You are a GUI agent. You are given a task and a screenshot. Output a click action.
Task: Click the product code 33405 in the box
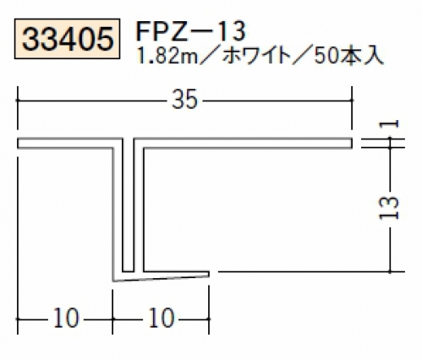(68, 39)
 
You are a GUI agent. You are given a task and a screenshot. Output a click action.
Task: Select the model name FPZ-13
(191, 31)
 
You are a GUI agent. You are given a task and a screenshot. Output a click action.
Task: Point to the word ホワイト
(256, 57)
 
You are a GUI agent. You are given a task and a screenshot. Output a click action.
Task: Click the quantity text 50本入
(348, 57)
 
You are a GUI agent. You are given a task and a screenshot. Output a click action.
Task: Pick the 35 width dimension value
(184, 100)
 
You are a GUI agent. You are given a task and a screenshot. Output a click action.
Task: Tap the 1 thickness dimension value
(389, 124)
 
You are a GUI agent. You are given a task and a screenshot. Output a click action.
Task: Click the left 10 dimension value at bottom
(66, 318)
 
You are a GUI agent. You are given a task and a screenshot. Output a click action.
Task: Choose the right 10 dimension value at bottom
(162, 318)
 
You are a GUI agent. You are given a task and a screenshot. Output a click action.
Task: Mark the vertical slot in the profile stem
(129, 205)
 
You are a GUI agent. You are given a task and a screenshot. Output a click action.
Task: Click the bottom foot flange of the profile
(161, 275)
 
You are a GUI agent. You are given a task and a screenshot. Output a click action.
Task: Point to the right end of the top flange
(352, 143)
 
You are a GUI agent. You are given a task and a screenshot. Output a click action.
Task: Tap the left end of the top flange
(19, 143)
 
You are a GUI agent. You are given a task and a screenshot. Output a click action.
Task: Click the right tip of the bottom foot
(209, 274)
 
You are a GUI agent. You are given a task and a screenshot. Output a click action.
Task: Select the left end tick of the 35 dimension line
(18, 100)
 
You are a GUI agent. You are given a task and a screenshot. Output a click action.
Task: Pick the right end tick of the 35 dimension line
(352, 100)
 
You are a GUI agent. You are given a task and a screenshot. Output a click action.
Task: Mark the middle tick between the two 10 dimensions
(112, 319)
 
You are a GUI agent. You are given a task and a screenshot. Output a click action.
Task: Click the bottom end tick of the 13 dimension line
(390, 272)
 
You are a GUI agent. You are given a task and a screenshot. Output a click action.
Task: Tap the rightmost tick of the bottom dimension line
(209, 319)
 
